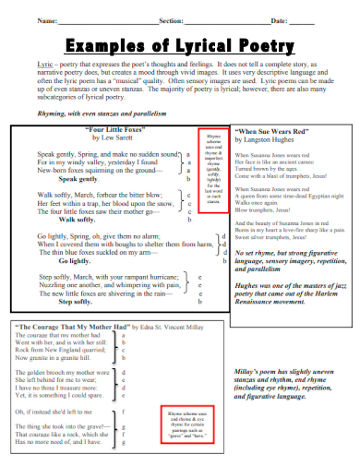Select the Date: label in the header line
pos(277,19)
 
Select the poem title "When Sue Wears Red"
pos(271,133)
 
